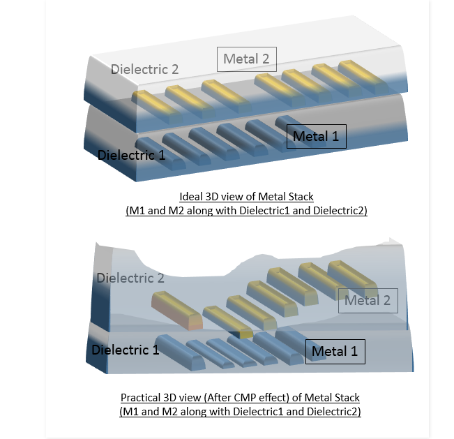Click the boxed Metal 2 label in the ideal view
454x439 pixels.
point(246,59)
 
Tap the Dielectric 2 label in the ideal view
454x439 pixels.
point(144,69)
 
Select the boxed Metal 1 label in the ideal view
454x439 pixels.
point(316,137)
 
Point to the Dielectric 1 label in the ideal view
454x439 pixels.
point(132,154)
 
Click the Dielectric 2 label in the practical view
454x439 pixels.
point(130,278)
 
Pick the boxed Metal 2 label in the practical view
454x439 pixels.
point(368,301)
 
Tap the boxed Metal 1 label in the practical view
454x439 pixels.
point(335,352)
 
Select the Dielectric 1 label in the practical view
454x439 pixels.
point(126,349)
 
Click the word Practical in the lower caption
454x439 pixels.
point(144,398)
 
